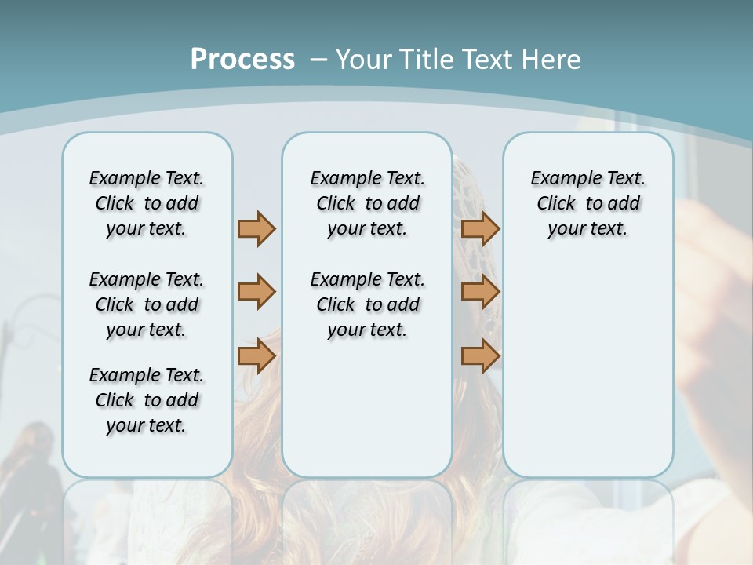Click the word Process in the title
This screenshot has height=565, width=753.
(242, 59)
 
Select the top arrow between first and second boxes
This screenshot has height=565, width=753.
(256, 228)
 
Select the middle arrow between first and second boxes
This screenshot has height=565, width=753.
(256, 292)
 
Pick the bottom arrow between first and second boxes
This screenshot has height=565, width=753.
(256, 356)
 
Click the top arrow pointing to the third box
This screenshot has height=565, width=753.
(480, 228)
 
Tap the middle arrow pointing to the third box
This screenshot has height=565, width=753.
(480, 292)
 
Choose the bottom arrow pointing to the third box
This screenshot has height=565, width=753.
(480, 356)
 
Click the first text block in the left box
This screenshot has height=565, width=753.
(147, 203)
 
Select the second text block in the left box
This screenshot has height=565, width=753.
(147, 304)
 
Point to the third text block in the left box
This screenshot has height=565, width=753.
(147, 400)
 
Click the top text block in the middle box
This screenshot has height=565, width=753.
(367, 203)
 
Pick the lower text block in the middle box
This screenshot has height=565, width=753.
(367, 304)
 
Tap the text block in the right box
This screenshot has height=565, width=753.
(587, 203)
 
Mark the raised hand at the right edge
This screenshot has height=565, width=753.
(714, 259)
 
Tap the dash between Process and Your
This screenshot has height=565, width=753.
(318, 59)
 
